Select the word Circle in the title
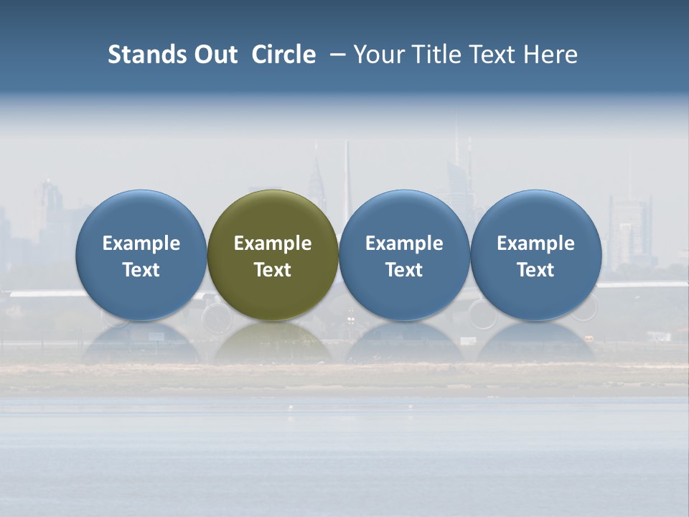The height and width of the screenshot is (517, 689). [x=283, y=55]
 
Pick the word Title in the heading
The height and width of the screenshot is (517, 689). [x=437, y=55]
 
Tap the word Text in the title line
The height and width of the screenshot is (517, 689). [x=496, y=55]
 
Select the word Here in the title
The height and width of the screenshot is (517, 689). [x=550, y=55]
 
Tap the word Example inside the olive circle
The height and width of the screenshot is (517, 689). [x=273, y=243]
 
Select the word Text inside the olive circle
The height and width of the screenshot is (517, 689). [x=273, y=270]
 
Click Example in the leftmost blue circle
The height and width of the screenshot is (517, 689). [x=141, y=243]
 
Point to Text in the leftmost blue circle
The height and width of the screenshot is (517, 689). [x=141, y=270]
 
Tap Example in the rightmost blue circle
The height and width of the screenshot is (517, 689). [x=536, y=243]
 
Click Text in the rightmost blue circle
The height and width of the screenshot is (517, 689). [x=536, y=270]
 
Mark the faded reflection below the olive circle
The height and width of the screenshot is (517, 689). [x=273, y=343]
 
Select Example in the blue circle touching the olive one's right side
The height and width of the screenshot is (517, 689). [x=404, y=243]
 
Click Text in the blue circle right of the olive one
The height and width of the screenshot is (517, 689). [x=404, y=270]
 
